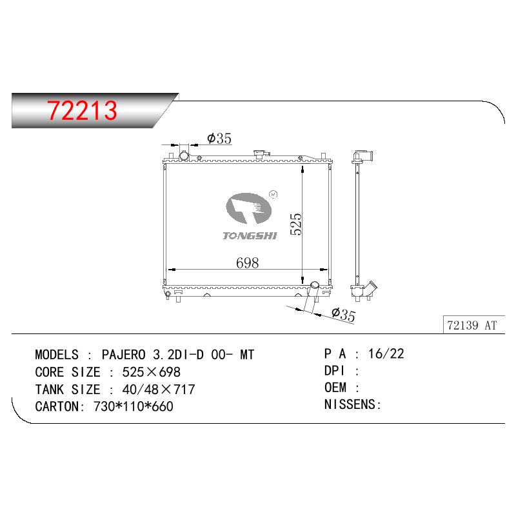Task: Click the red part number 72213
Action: click(x=82, y=110)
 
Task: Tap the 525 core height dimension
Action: click(x=296, y=224)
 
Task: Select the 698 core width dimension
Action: click(x=248, y=263)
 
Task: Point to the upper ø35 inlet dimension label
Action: click(x=219, y=138)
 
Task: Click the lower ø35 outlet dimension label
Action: click(x=344, y=314)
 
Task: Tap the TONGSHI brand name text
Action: click(x=250, y=235)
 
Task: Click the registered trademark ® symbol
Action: click(x=273, y=195)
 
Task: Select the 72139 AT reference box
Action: click(x=474, y=325)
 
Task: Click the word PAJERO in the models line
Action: click(x=123, y=355)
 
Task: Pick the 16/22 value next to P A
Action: click(x=386, y=353)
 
